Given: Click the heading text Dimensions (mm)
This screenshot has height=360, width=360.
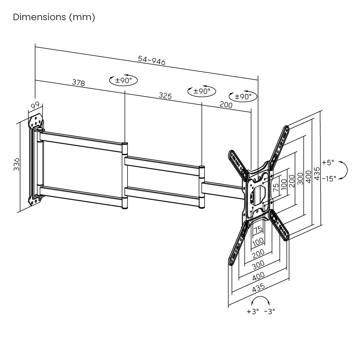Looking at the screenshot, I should pyautogui.click(x=54, y=17).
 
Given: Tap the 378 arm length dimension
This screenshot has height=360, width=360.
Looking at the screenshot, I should pyautogui.click(x=78, y=83).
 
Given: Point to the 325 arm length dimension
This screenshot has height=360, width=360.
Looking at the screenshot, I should pyautogui.click(x=165, y=96).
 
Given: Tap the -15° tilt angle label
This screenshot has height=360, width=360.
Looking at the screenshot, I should pyautogui.click(x=329, y=178).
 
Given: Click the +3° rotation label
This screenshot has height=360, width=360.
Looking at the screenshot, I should pyautogui.click(x=253, y=311).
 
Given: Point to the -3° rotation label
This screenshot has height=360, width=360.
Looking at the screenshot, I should pyautogui.click(x=270, y=311).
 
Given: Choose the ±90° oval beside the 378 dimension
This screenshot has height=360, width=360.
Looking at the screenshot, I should pyautogui.click(x=123, y=80).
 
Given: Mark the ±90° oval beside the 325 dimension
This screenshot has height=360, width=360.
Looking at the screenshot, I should pyautogui.click(x=202, y=91).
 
